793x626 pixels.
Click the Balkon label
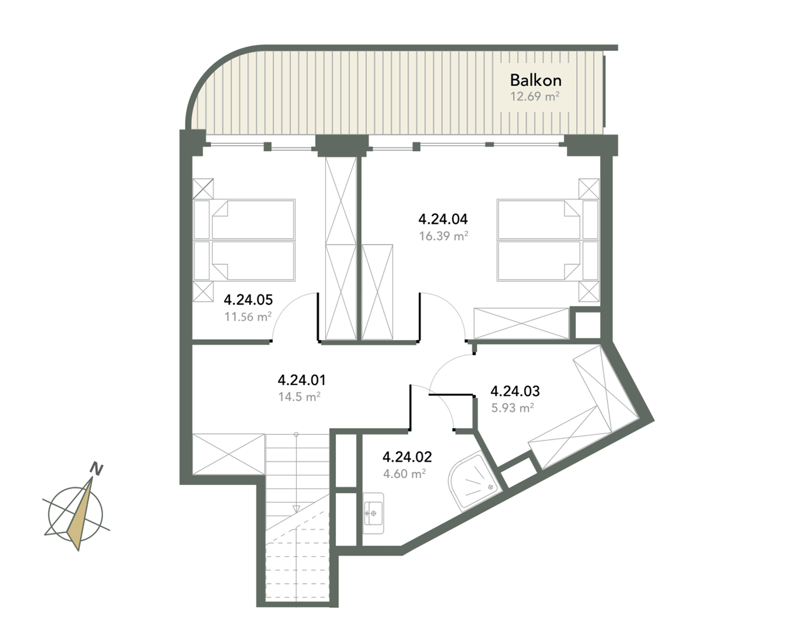pyautogui.click(x=536, y=80)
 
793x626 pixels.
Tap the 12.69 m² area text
pyautogui.click(x=535, y=97)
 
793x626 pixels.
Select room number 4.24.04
pyautogui.click(x=443, y=219)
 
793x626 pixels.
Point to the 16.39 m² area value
pyautogui.click(x=444, y=236)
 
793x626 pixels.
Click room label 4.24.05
pyautogui.click(x=248, y=300)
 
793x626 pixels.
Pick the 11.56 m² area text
pyautogui.click(x=248, y=317)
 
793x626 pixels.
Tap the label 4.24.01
pyautogui.click(x=302, y=380)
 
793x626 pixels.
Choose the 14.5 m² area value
pyautogui.click(x=299, y=396)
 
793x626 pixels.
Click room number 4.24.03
pyautogui.click(x=515, y=391)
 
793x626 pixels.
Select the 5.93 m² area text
pyautogui.click(x=512, y=408)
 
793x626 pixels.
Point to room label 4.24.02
pyautogui.click(x=407, y=457)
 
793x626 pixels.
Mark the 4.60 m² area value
pyautogui.click(x=404, y=474)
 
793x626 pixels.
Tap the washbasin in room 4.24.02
pyautogui.click(x=373, y=513)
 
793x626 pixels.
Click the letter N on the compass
pyautogui.click(x=97, y=469)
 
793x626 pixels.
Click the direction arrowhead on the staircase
pyautogui.click(x=296, y=509)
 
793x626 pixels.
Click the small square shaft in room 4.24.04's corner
pyautogui.click(x=588, y=325)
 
